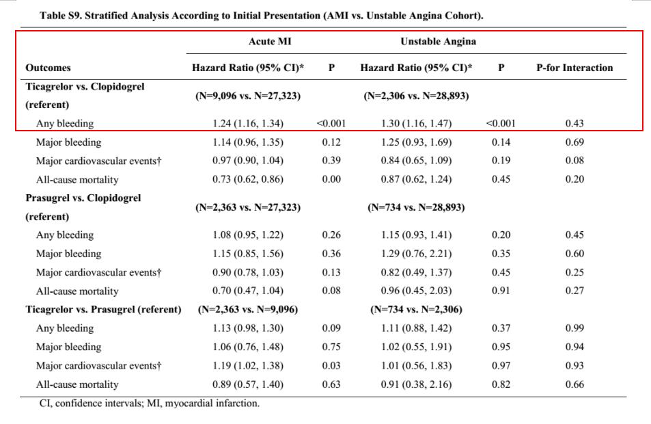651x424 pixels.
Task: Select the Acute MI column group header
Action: pyautogui.click(x=270, y=42)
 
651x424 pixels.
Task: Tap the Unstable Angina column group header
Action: pyautogui.click(x=438, y=42)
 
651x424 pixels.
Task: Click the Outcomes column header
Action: pyautogui.click(x=49, y=68)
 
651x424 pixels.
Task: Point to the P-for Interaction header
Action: pyautogui.click(x=574, y=68)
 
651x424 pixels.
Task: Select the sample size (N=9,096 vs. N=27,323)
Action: pyautogui.click(x=248, y=96)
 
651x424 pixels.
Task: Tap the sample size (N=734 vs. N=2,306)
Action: pyautogui.click(x=416, y=309)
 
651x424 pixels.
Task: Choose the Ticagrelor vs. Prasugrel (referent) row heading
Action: pyautogui.click(x=103, y=309)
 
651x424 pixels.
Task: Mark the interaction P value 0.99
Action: pyautogui.click(x=574, y=328)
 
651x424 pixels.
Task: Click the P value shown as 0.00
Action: pyautogui.click(x=331, y=179)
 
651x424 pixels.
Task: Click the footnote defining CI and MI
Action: pyautogui.click(x=150, y=403)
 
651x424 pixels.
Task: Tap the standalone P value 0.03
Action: pyautogui.click(x=331, y=365)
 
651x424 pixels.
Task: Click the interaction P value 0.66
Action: pyautogui.click(x=574, y=384)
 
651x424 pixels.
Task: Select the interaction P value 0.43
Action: pyautogui.click(x=574, y=124)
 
